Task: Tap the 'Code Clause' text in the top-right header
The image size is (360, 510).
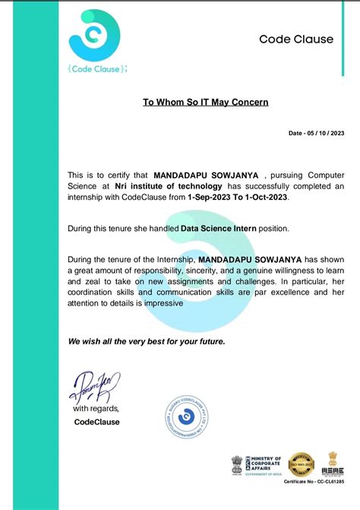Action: (296, 39)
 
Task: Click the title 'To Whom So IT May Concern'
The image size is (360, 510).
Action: (206, 101)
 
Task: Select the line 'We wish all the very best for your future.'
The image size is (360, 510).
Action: (147, 341)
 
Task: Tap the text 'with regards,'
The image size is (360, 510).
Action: (96, 409)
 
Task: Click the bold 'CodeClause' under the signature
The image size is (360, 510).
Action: (96, 422)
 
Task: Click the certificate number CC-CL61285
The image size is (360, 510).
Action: (314, 482)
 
